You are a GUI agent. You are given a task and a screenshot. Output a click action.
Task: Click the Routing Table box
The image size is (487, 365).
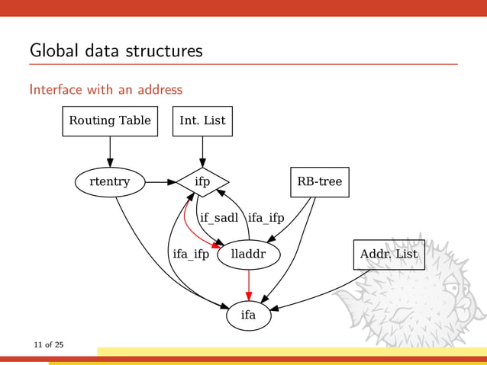click(110, 120)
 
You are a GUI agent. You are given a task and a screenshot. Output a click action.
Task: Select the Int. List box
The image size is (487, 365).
click(202, 120)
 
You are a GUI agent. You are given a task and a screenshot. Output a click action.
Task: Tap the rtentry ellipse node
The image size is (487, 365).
click(110, 182)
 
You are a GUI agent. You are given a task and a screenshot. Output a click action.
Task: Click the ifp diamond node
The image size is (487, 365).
click(202, 182)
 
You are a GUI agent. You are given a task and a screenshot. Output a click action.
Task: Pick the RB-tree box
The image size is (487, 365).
click(320, 182)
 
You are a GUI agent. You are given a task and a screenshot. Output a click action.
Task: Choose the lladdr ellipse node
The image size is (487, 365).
click(248, 255)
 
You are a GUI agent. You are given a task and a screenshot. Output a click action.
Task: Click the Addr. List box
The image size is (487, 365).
click(389, 255)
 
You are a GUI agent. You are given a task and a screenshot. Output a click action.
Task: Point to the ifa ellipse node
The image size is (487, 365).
click(248, 315)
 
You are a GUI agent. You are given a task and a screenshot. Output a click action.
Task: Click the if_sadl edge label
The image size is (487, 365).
click(219, 218)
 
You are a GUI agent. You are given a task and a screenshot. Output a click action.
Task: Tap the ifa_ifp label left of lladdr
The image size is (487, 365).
click(191, 255)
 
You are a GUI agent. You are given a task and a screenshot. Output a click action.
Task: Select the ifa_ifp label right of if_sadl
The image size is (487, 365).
click(266, 218)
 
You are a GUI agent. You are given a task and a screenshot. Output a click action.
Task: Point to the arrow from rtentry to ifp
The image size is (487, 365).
click(160, 182)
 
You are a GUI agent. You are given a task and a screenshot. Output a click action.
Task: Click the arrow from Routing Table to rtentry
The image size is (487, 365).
click(110, 151)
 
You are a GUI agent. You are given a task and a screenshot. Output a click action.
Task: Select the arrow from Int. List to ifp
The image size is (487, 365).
click(202, 151)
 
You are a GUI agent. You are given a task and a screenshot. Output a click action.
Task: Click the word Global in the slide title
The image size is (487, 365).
click(52, 51)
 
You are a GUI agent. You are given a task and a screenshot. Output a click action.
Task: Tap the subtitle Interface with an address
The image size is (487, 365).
click(105, 89)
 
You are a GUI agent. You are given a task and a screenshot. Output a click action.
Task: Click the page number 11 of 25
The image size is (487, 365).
click(48, 345)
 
